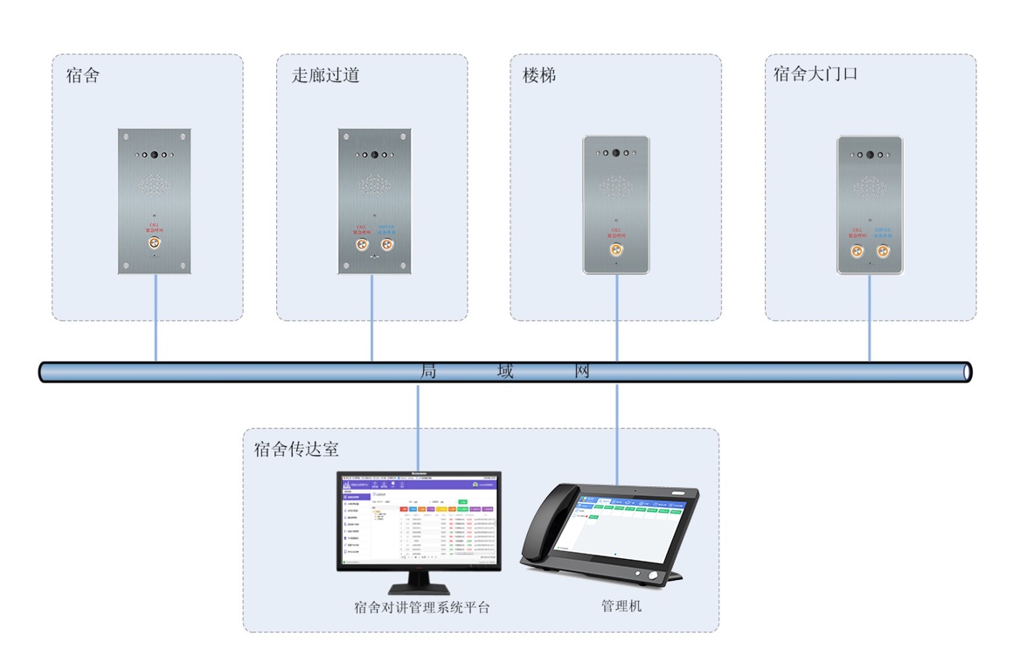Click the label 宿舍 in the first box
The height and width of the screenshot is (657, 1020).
tap(83, 75)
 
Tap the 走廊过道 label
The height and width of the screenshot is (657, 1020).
tap(325, 75)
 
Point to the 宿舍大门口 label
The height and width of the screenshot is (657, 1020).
tap(815, 74)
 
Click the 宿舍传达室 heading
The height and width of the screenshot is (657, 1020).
tap(296, 450)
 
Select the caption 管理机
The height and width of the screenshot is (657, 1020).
tap(621, 605)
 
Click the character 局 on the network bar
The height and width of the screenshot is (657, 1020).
tap(428, 371)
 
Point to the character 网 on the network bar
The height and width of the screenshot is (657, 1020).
tap(582, 371)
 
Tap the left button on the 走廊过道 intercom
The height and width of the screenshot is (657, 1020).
tap(360, 245)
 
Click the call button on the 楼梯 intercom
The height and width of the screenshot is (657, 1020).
tap(616, 250)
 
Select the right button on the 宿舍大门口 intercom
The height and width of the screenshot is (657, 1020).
tap(882, 252)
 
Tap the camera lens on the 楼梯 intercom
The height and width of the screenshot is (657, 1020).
tap(616, 152)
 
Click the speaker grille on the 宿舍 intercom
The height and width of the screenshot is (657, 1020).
tap(154, 185)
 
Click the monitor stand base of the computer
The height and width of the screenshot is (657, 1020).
tap(420, 589)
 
